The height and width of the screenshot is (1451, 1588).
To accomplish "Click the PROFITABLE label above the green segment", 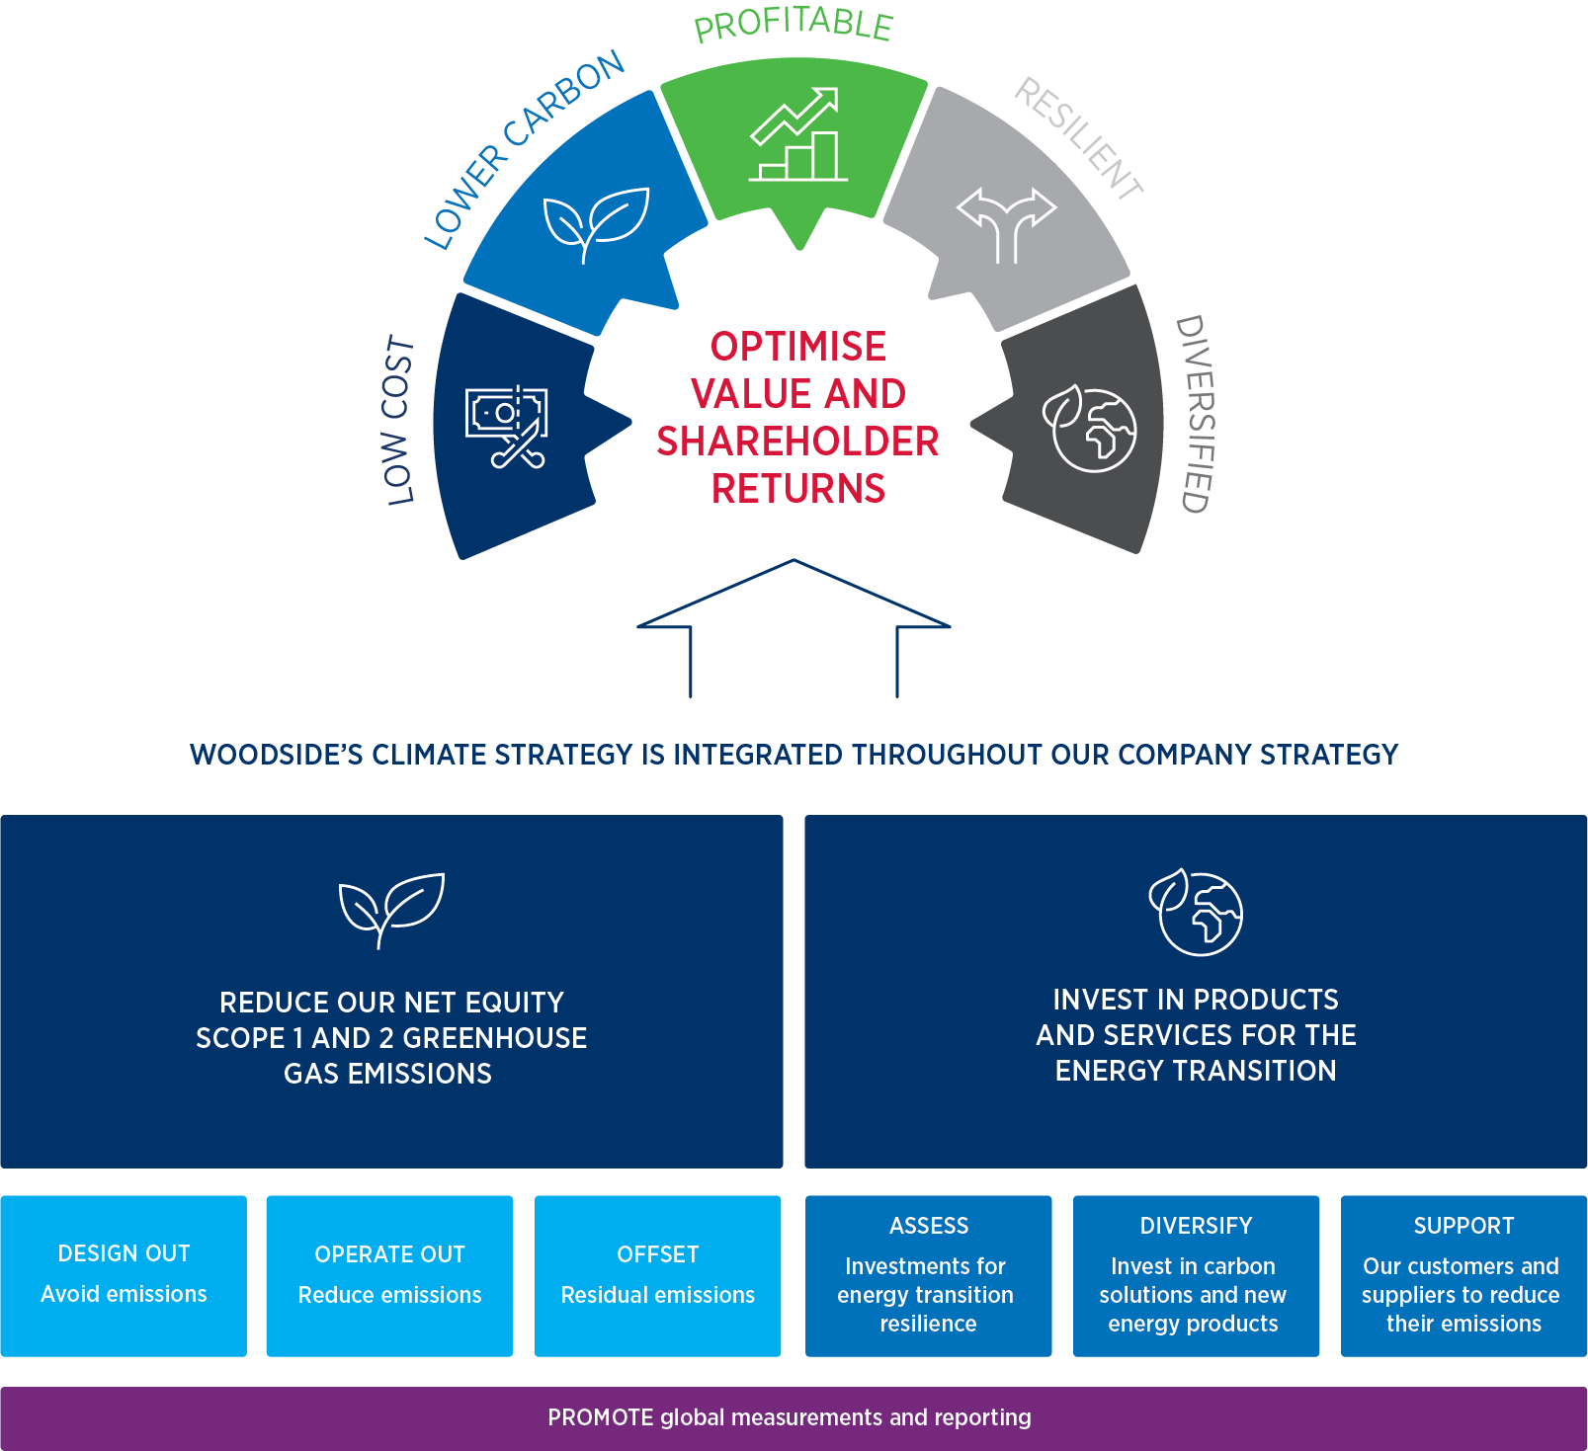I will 794,25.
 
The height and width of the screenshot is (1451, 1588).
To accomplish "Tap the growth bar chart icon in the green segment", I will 797,135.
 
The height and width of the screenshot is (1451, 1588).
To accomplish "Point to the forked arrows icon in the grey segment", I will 1006,223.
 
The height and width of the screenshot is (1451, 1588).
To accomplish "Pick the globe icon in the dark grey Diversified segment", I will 1091,429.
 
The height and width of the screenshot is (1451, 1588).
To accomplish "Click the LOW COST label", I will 398,421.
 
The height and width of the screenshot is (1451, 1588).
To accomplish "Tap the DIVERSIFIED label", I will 1195,414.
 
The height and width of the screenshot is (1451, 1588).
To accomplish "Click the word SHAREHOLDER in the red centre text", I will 797,442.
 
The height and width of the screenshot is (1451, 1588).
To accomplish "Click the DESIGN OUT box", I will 124,1275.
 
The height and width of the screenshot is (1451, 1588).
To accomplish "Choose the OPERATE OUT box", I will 389,1275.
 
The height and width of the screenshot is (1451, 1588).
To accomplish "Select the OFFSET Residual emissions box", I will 657,1275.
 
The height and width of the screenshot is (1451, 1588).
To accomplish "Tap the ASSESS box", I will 928,1275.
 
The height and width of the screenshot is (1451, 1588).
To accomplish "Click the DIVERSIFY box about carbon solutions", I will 1196,1275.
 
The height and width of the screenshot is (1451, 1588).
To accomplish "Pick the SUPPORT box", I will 1463,1275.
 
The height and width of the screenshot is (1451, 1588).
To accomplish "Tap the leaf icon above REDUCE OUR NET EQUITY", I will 391,909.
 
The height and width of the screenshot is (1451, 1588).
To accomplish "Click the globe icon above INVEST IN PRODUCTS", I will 1197,912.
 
